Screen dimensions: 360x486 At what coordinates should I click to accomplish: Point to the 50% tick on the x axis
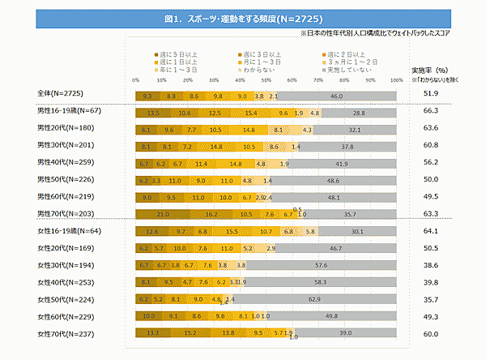[266, 79]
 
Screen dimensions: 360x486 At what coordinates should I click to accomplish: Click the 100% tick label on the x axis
[396, 79]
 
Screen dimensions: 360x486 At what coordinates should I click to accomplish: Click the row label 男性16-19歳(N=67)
[68, 112]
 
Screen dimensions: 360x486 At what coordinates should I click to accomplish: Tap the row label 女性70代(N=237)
[66, 332]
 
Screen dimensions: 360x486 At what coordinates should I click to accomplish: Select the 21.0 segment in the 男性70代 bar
[163, 214]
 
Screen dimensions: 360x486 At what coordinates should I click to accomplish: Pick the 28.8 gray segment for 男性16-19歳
[359, 113]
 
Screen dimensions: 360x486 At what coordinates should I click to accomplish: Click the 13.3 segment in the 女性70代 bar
[153, 332]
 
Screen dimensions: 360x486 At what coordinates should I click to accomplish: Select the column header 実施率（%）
[428, 70]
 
